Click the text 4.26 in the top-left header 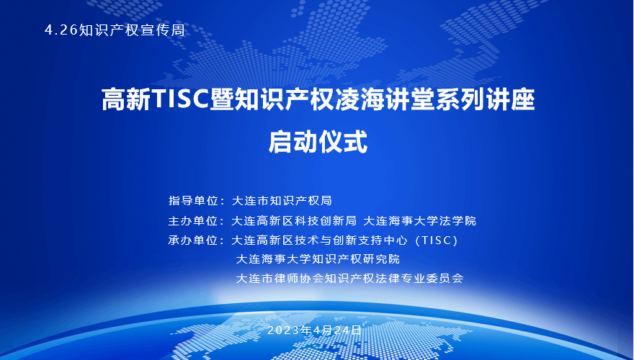pos(61,30)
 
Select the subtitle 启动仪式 pos(318,142)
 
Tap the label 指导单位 pos(193,201)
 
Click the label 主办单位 pos(193,220)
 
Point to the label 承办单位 pos(193,240)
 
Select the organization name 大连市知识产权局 pos(282,201)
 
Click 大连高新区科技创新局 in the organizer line pos(294,220)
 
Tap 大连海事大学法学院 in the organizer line pos(420,220)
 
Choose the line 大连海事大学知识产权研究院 pos(318,259)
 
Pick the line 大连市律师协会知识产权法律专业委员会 pos(349,279)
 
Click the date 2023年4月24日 pos(314,330)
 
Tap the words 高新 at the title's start pos(126,99)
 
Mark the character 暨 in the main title pos(222,99)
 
